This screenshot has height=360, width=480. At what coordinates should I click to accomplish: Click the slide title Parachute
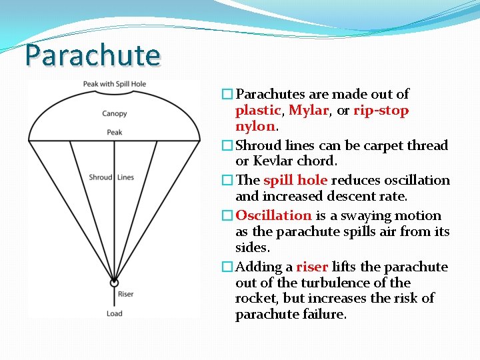coord(93,55)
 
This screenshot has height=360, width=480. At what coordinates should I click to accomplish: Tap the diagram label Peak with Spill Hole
coord(115,84)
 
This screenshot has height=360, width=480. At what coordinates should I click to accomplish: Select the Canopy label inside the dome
coord(115,114)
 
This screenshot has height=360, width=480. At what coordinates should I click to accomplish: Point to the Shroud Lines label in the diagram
coord(111,177)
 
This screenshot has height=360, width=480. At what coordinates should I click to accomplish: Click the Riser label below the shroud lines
coord(125,294)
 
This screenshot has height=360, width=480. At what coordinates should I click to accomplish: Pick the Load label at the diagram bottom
coord(115,313)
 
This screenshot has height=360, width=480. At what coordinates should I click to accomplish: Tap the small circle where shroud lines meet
coord(115,282)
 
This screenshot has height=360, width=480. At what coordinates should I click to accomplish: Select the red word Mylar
coord(309,111)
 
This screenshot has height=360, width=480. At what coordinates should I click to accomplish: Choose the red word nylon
coord(255,126)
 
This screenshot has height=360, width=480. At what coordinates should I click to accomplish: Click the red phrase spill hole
coord(295,180)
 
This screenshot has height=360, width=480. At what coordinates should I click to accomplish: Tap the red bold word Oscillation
coord(273,215)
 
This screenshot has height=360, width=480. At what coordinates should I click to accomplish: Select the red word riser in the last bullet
coord(312,267)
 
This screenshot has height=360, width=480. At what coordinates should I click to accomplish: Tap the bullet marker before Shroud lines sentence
coord(227,145)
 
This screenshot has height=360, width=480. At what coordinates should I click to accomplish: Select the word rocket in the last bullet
coord(255,298)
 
